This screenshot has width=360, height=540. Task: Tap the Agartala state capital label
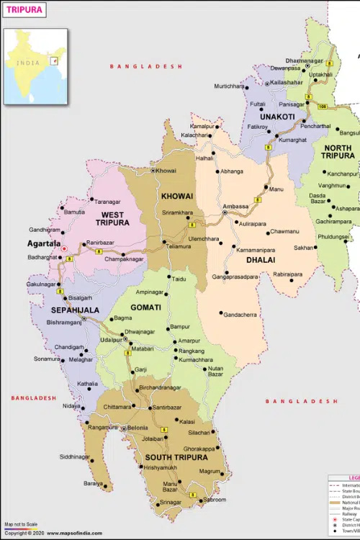click(x=44, y=243)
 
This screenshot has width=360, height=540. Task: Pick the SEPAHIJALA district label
click(x=74, y=310)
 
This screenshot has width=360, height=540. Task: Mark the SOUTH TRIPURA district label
click(x=176, y=457)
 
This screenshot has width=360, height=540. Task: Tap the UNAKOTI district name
click(x=277, y=116)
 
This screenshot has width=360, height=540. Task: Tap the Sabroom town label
click(x=214, y=500)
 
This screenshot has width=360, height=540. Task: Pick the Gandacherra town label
click(x=240, y=315)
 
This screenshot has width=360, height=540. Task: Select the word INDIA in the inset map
click(x=29, y=63)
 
